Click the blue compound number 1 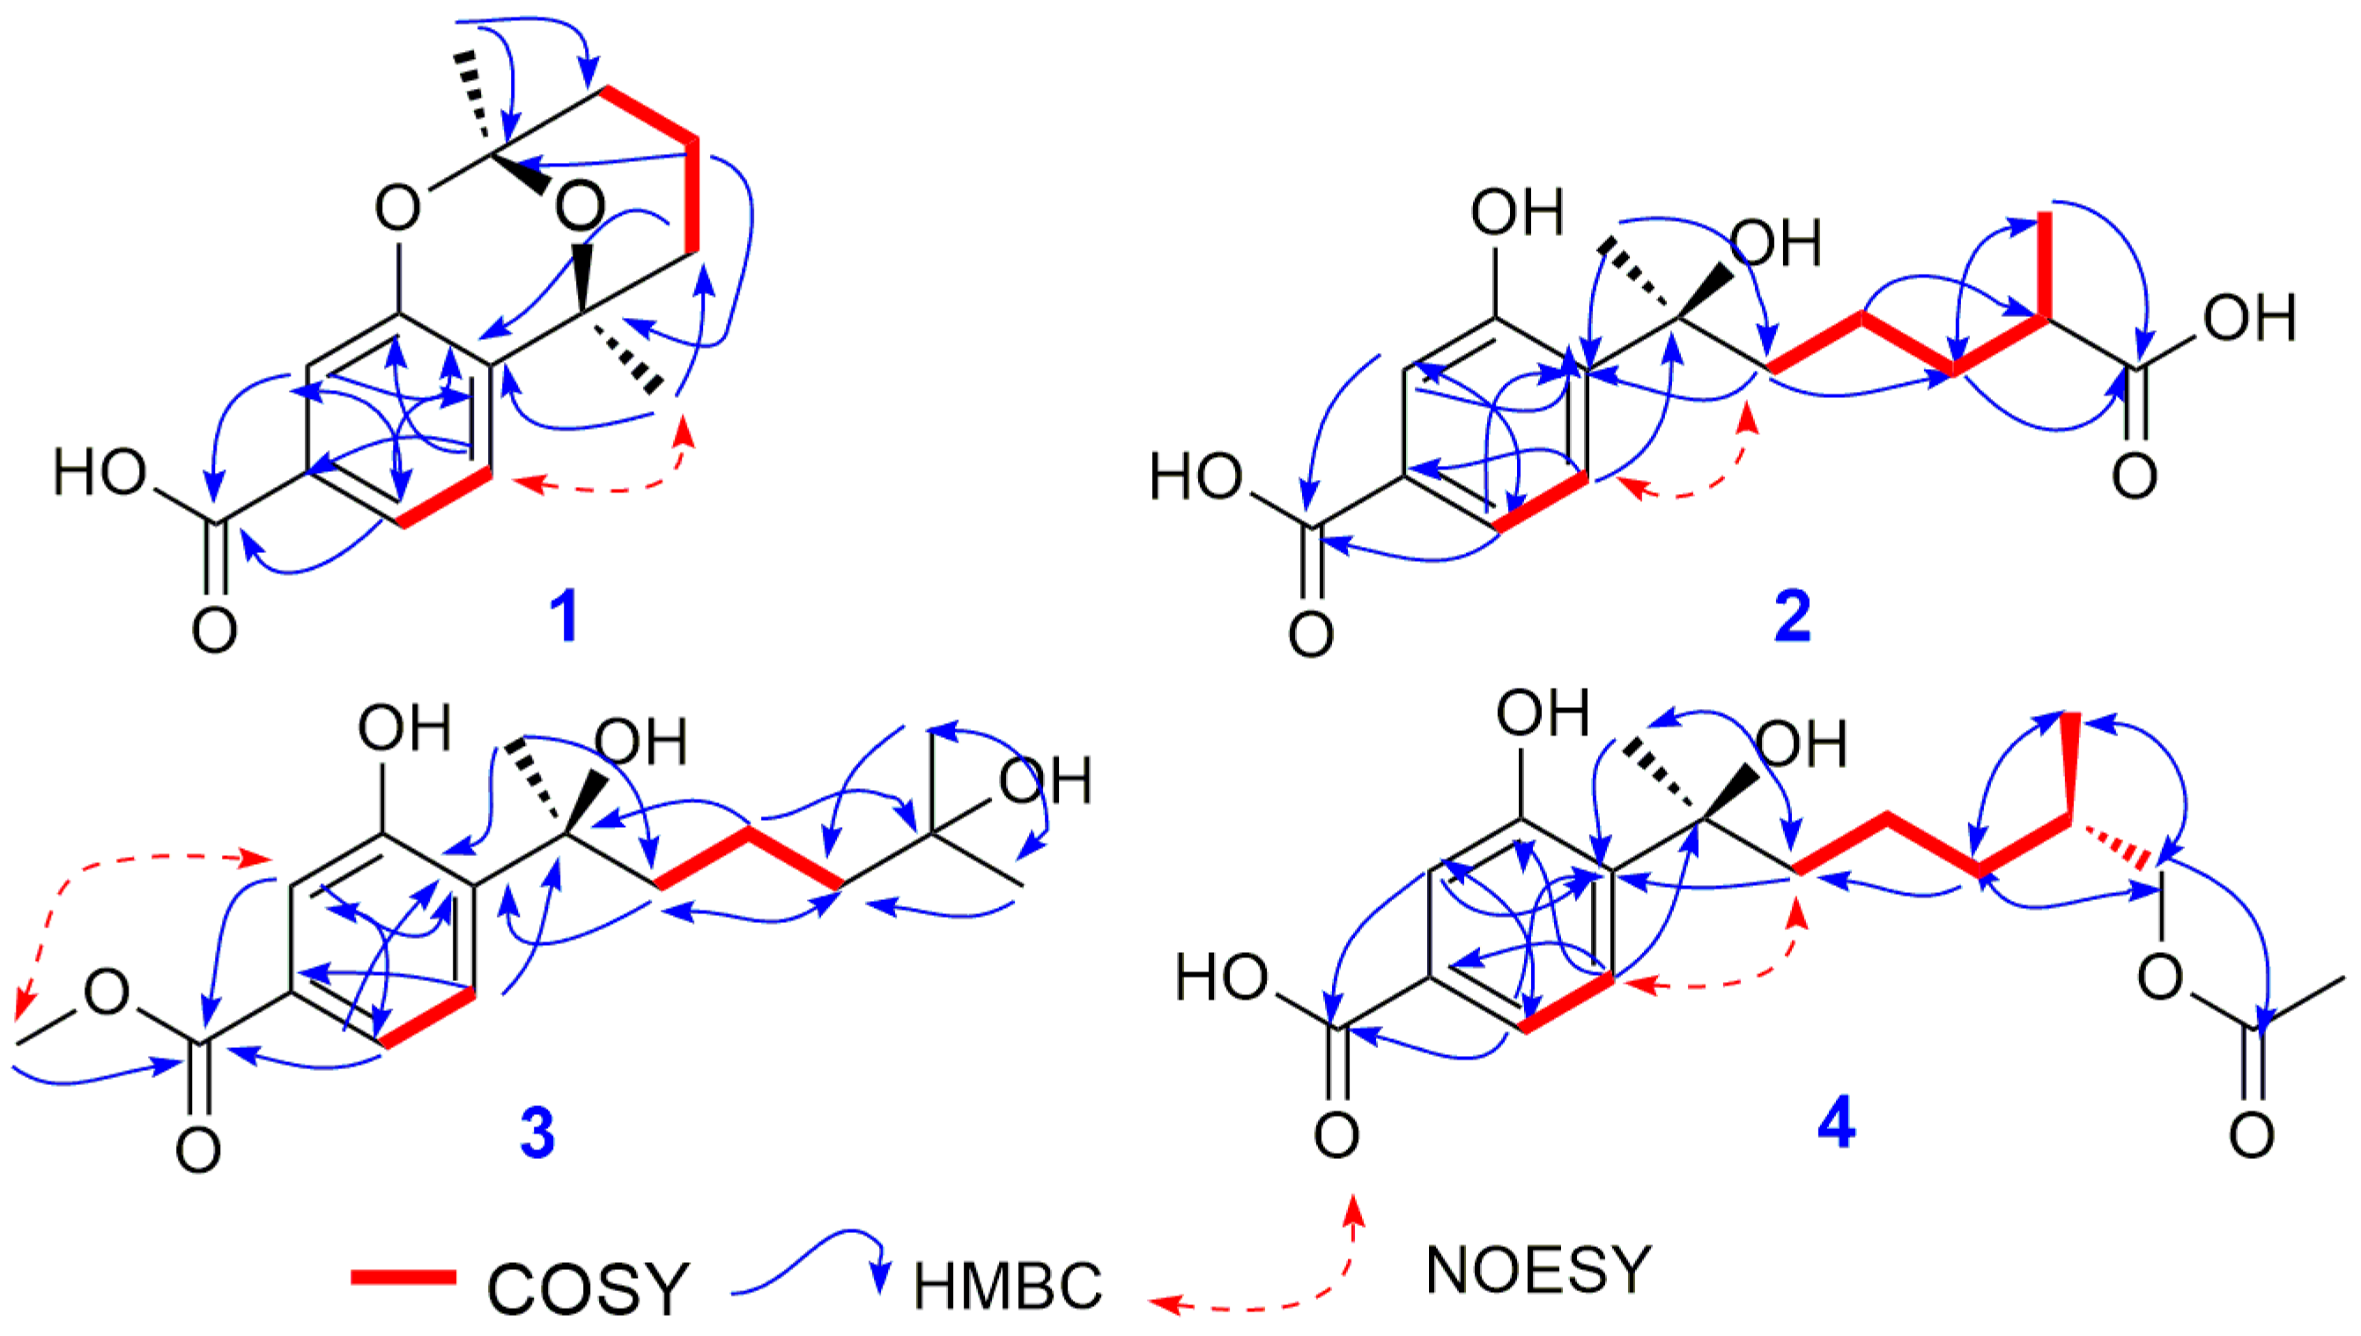pyautogui.click(x=564, y=616)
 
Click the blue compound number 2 pyautogui.click(x=1791, y=616)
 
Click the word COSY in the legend pyautogui.click(x=588, y=1288)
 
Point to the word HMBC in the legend pyautogui.click(x=1007, y=1287)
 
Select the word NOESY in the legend pyautogui.click(x=1539, y=1271)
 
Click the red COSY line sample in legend pyautogui.click(x=403, y=1277)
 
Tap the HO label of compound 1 pyautogui.click(x=99, y=474)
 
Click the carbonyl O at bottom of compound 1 pyautogui.click(x=215, y=631)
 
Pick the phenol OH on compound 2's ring pyautogui.click(x=1516, y=213)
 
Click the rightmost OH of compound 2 pyautogui.click(x=2250, y=319)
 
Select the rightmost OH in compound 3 pyautogui.click(x=1045, y=782)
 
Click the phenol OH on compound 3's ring pyautogui.click(x=403, y=729)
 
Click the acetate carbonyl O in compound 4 pyautogui.click(x=2252, y=1136)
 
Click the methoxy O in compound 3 pyautogui.click(x=107, y=993)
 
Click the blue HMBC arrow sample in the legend pyautogui.click(x=808, y=1262)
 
